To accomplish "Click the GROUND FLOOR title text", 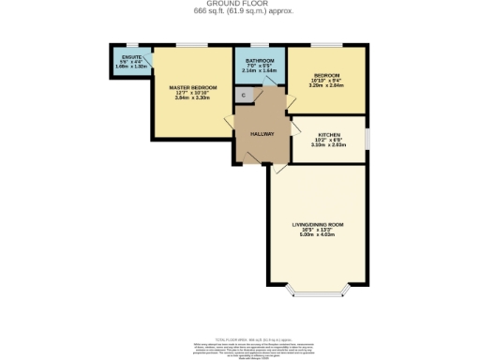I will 240,4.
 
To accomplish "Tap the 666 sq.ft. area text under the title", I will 240,11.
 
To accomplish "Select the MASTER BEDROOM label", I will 193,87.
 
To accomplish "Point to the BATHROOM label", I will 260,61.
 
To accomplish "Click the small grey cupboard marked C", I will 244,95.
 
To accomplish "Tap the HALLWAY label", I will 262,133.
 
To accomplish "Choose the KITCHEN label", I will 328,135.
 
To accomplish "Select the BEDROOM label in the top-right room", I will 326,75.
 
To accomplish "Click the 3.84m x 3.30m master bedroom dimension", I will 193,98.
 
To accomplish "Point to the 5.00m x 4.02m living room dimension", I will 319,235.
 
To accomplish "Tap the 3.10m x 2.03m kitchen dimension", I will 328,145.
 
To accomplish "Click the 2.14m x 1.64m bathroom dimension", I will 260,71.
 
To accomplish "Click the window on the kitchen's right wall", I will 366,136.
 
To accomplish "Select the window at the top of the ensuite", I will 131,44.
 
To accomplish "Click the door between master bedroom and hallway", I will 231,125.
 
